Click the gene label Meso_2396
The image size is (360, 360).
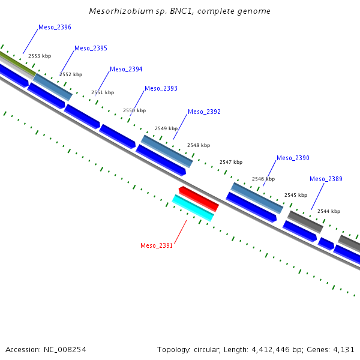[x=55, y=28]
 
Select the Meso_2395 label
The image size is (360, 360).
[x=91, y=48]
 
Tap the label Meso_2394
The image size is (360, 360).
[x=126, y=70]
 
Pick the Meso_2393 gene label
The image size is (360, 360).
[x=161, y=88]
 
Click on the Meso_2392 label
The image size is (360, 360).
[x=204, y=112]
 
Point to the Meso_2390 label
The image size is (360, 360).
[x=293, y=158]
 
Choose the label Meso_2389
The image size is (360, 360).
[x=326, y=179]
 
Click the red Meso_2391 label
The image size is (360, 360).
[x=157, y=245]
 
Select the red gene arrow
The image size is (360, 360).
[x=199, y=199]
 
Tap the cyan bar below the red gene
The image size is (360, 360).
[x=193, y=208]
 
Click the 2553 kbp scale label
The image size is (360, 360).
[x=40, y=56]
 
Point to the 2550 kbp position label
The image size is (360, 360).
[x=134, y=110]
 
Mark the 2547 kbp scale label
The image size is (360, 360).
[x=231, y=162]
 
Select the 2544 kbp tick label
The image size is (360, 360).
[x=329, y=211]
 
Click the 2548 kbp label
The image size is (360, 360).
[x=199, y=145]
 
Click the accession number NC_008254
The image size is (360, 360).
[x=65, y=350]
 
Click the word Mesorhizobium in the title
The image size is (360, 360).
[x=121, y=11]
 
